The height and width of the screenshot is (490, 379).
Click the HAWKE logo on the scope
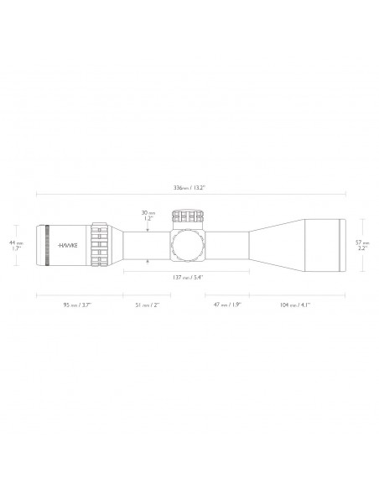pyautogui.click(x=68, y=245)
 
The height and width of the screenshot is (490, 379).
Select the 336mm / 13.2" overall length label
pyautogui.click(x=189, y=188)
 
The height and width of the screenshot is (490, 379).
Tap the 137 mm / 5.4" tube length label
pyautogui.click(x=188, y=277)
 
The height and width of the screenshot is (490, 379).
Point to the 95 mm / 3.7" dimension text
pyautogui.click(x=77, y=305)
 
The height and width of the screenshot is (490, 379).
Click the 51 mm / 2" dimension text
pyautogui.click(x=148, y=305)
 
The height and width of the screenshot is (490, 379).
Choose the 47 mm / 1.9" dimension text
pyautogui.click(x=227, y=305)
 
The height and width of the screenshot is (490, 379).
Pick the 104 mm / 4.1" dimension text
pyautogui.click(x=295, y=305)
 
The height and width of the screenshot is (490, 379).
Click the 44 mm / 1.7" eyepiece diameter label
pyautogui.click(x=16, y=246)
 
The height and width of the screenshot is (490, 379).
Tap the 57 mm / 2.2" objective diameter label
pyautogui.click(x=362, y=245)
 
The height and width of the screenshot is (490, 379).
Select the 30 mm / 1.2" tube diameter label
pyautogui.click(x=148, y=216)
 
